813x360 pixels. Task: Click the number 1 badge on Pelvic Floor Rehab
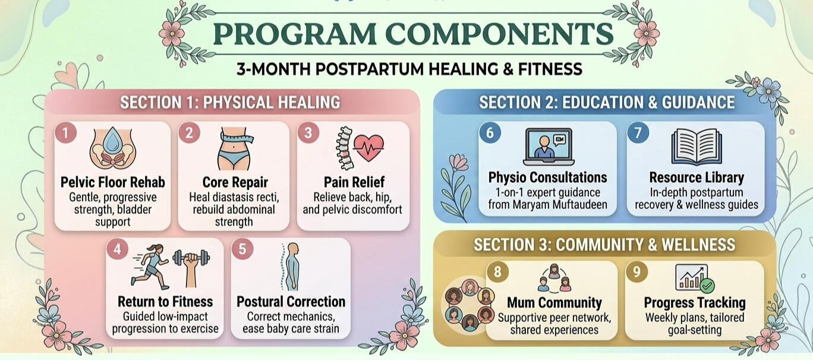(x=66, y=132)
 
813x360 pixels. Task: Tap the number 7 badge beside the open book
(x=638, y=132)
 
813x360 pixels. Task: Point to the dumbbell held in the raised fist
(x=191, y=258)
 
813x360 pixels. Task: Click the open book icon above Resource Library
(x=697, y=147)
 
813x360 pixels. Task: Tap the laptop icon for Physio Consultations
(x=549, y=147)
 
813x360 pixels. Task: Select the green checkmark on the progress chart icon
(x=707, y=286)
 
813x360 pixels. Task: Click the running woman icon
(x=150, y=267)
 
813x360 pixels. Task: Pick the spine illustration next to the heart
(x=345, y=149)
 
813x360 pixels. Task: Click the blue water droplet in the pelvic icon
(x=112, y=140)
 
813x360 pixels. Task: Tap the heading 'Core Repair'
(x=235, y=182)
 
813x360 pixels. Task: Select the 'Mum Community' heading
(x=554, y=302)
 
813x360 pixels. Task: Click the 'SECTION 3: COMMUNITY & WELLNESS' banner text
(x=604, y=245)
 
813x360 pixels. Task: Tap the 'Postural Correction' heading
(x=291, y=302)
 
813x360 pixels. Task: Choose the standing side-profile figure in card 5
(x=291, y=267)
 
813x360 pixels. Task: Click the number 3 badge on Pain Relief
(x=308, y=132)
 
